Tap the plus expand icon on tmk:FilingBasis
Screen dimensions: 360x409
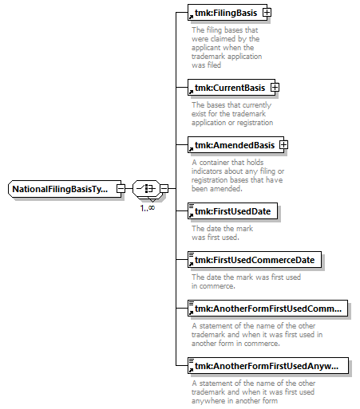point(267,13)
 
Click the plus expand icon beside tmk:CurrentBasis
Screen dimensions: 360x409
point(275,88)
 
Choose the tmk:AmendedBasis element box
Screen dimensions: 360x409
point(236,145)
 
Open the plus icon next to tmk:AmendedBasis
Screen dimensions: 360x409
point(283,145)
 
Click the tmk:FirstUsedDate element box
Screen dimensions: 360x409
point(232,211)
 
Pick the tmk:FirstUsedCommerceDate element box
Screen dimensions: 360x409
point(255,260)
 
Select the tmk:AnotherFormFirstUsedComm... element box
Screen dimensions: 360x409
point(267,309)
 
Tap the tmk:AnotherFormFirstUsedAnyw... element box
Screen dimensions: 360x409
point(268,366)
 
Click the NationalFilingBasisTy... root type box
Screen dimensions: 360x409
point(65,189)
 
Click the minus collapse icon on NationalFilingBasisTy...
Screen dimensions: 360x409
point(121,189)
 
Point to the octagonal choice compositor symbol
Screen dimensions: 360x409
point(147,189)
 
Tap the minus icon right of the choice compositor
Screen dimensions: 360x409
point(164,189)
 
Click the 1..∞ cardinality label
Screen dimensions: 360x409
point(148,208)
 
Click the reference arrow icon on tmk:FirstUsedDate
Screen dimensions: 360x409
point(191,215)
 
